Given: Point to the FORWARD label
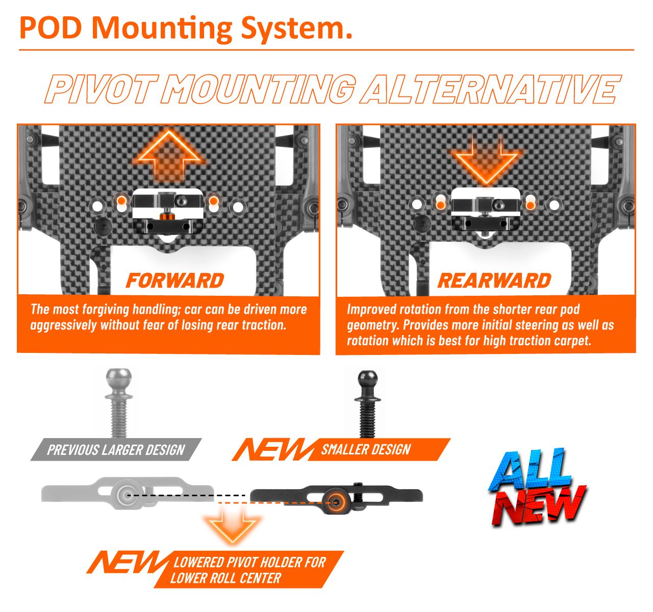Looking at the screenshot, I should coord(174,280).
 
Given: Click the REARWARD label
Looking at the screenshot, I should coord(494,280).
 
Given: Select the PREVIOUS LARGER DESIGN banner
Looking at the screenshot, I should coord(116,450).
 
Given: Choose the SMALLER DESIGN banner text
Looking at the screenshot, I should coord(366,449).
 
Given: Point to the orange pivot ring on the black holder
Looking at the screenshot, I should coord(336,502).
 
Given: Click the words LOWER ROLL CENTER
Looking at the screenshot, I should coord(225,578).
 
